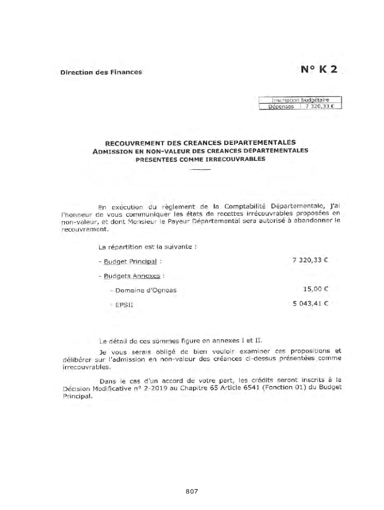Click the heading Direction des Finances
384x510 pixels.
101,72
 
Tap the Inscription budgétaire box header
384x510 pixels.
300,100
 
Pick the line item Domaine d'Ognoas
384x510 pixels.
145,290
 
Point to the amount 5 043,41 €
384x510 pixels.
310,302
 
